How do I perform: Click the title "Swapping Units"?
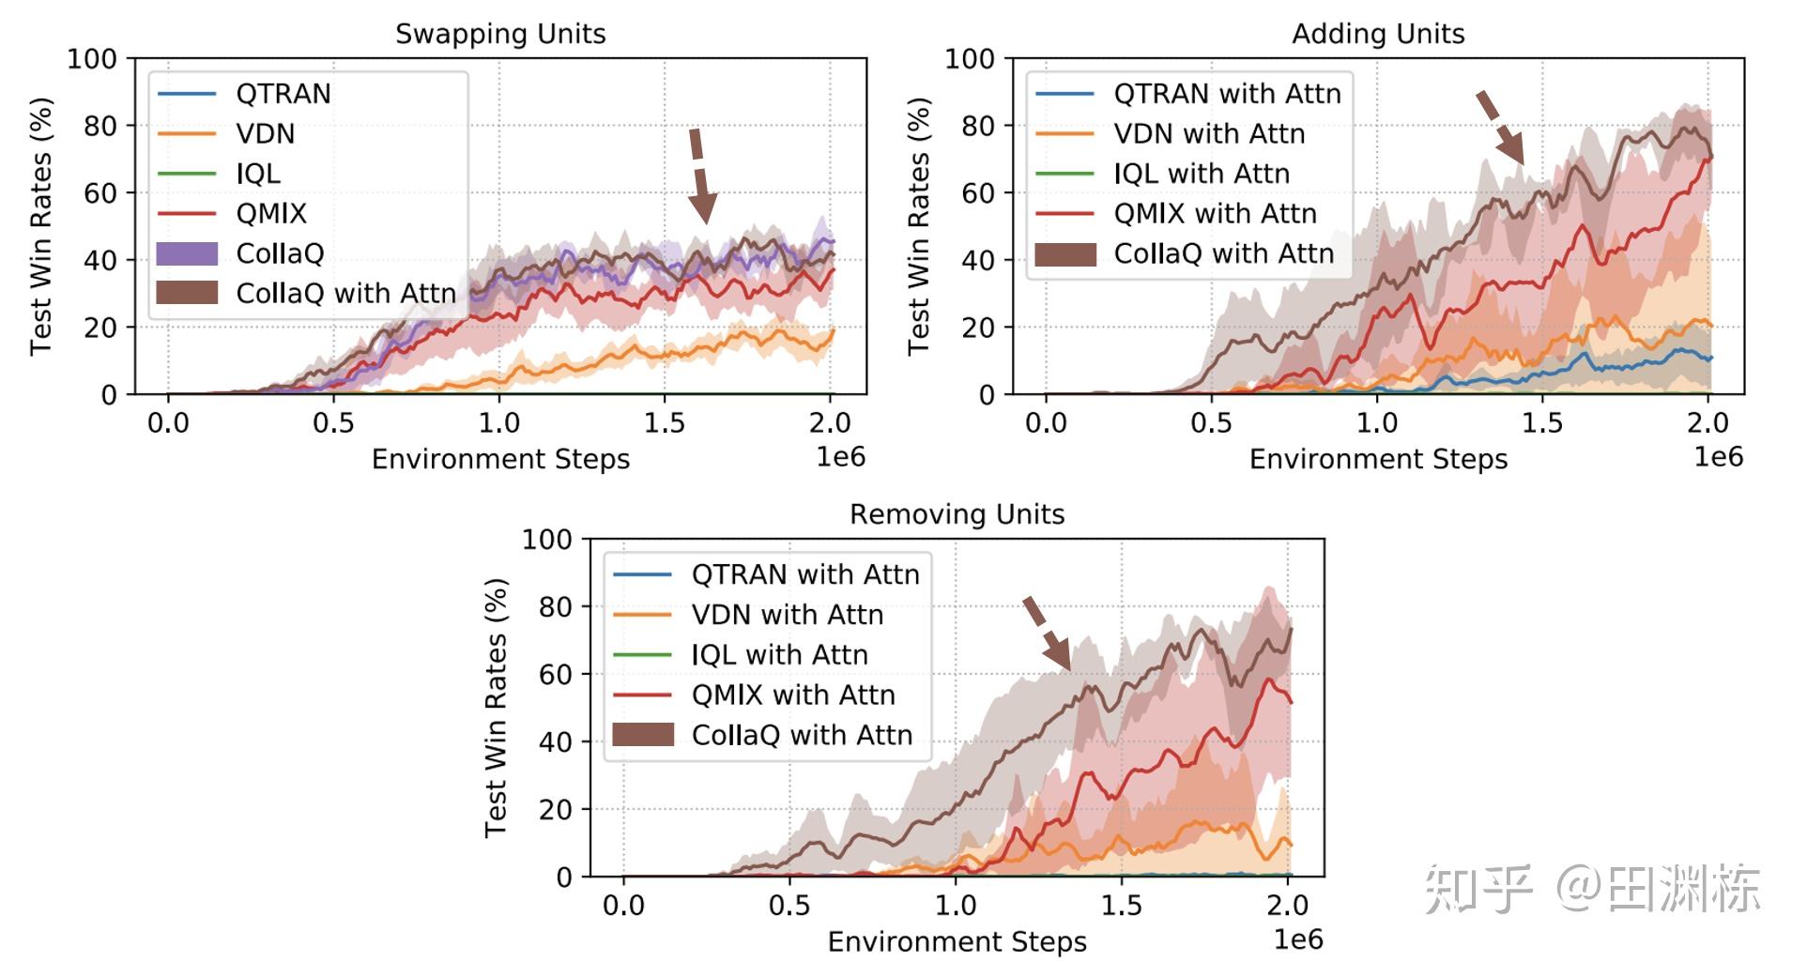point(500,34)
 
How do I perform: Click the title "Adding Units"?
point(1378,34)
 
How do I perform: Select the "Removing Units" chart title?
point(957,514)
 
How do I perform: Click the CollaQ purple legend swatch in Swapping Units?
point(187,253)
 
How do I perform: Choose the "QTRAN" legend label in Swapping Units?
point(283,94)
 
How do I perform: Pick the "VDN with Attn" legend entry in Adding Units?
point(1209,134)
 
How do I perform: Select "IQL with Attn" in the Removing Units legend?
point(779,655)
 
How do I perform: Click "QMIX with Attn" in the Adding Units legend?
point(1215,214)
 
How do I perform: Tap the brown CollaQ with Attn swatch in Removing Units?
point(643,735)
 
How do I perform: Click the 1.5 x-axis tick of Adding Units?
point(1542,423)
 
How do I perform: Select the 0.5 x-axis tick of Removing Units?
point(789,906)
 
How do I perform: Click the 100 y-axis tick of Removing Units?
point(546,540)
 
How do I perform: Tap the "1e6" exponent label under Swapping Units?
point(840,457)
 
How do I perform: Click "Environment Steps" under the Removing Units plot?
point(957,941)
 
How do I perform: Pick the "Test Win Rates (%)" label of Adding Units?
point(919,226)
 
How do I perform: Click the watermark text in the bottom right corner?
point(1592,888)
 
